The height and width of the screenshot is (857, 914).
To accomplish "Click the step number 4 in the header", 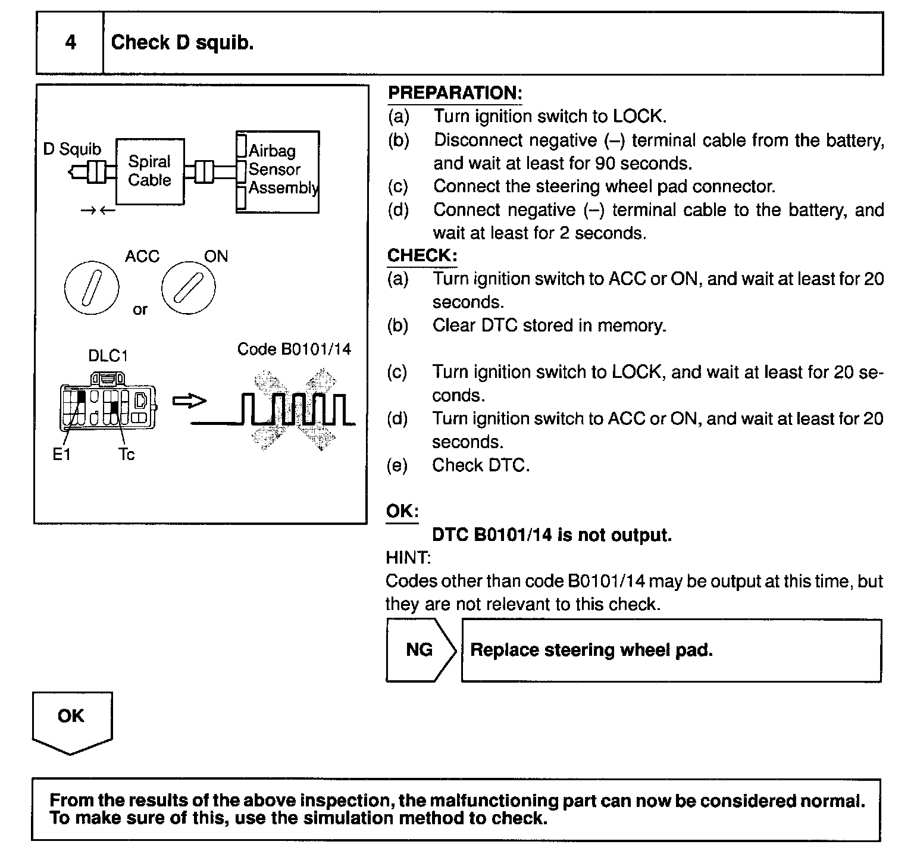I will [x=70, y=43].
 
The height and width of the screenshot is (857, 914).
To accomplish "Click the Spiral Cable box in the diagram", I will [x=150, y=171].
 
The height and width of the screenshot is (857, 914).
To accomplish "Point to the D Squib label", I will [x=72, y=149].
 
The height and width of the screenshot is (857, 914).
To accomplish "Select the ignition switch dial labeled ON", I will [x=189, y=287].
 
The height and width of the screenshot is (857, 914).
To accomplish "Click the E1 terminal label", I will [x=61, y=455].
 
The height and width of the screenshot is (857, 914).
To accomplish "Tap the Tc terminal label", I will [x=126, y=455].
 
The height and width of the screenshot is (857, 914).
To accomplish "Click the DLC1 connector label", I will [x=108, y=356].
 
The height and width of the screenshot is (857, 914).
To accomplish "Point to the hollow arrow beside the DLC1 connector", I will [x=189, y=402].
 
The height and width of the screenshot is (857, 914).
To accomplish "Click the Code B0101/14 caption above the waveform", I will [x=294, y=349].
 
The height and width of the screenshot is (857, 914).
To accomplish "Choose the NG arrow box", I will [x=420, y=650].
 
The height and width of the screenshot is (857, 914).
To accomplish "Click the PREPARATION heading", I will [x=455, y=93].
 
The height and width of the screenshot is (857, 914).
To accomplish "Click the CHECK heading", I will [x=422, y=256].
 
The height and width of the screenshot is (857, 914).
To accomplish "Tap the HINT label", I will [x=408, y=558].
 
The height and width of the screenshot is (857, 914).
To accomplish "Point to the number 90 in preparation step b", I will [x=605, y=163].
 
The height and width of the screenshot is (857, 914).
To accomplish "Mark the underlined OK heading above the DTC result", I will [x=402, y=511].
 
